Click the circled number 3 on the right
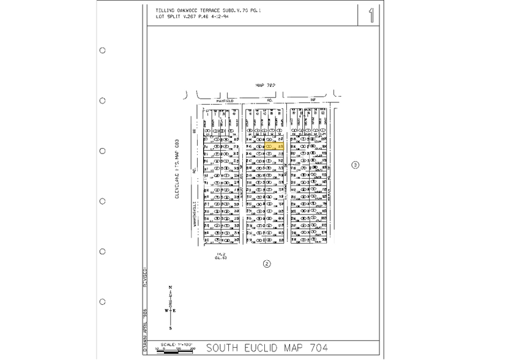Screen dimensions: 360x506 [354, 165]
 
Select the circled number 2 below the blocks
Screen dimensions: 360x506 [266, 264]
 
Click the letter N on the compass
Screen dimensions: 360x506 [170, 288]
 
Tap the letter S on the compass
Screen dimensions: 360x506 [170, 328]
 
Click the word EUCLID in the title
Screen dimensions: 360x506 [261, 348]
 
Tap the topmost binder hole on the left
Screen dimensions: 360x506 [102, 51]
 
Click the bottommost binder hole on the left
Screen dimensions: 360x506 [102, 301]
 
